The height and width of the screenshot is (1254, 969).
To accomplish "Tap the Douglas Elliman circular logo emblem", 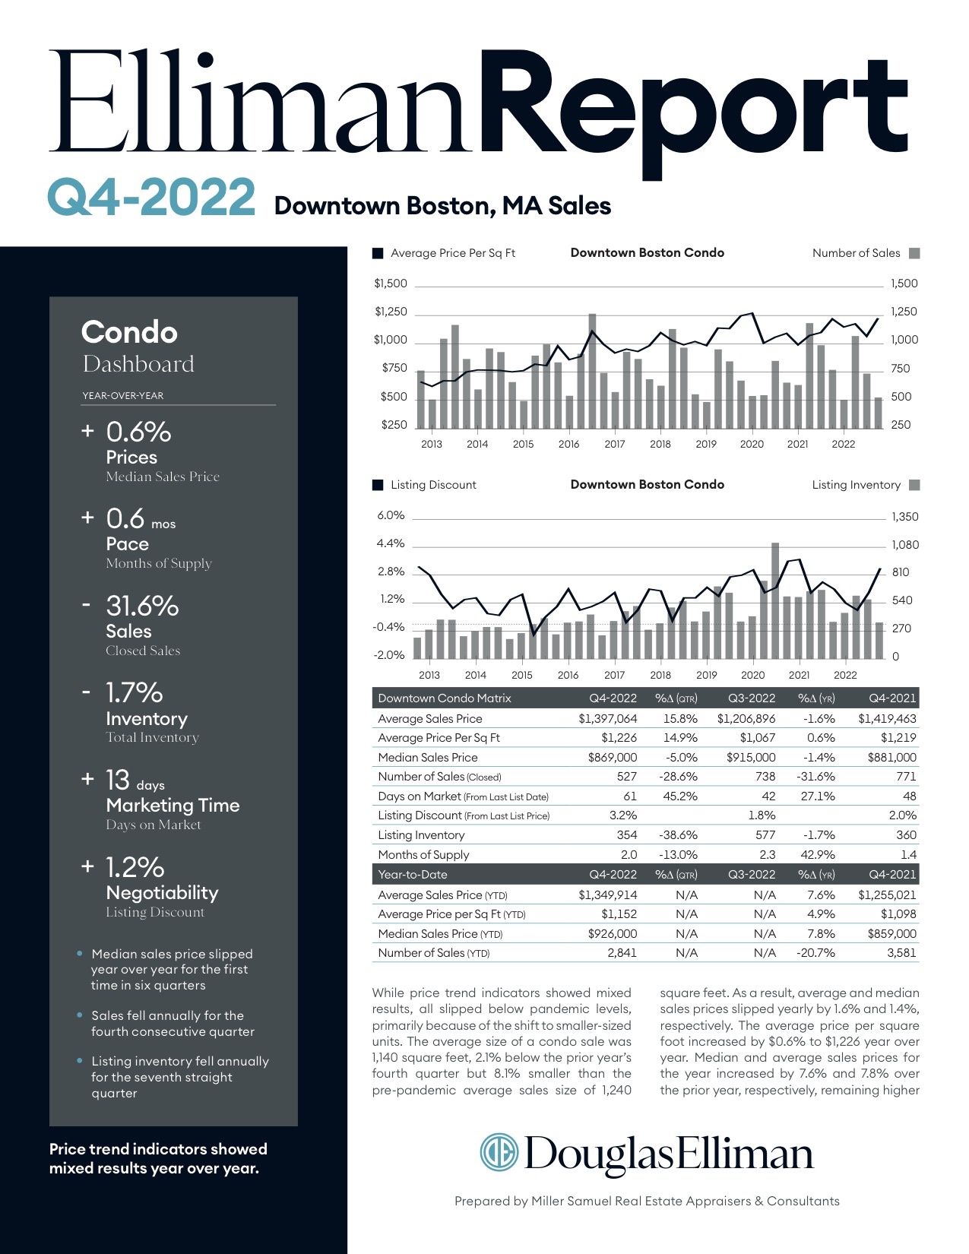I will [499, 1152].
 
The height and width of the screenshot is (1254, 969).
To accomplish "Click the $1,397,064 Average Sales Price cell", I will [607, 718].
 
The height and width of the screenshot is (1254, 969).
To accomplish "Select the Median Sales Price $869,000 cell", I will [612, 757].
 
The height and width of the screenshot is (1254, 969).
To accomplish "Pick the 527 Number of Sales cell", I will [626, 776].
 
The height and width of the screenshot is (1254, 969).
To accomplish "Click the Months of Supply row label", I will [423, 854].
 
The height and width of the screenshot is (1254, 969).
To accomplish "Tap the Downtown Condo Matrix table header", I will [444, 698].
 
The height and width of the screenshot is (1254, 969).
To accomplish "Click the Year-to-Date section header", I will [413, 874].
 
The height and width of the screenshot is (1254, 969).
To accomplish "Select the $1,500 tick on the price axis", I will [391, 283].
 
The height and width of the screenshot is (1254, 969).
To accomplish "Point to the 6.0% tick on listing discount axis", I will [391, 515].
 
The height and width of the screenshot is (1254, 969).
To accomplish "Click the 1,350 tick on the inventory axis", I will [904, 517].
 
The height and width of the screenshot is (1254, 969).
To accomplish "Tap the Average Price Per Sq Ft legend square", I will [378, 253].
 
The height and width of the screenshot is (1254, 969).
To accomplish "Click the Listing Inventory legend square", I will [914, 485].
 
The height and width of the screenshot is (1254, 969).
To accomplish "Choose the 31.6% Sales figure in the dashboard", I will [142, 606].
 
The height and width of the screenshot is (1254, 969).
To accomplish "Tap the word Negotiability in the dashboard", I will [162, 892].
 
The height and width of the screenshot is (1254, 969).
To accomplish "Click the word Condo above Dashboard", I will [129, 332].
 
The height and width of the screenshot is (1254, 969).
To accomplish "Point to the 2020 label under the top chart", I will [752, 444].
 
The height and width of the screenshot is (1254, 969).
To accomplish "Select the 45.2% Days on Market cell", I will [680, 796].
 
